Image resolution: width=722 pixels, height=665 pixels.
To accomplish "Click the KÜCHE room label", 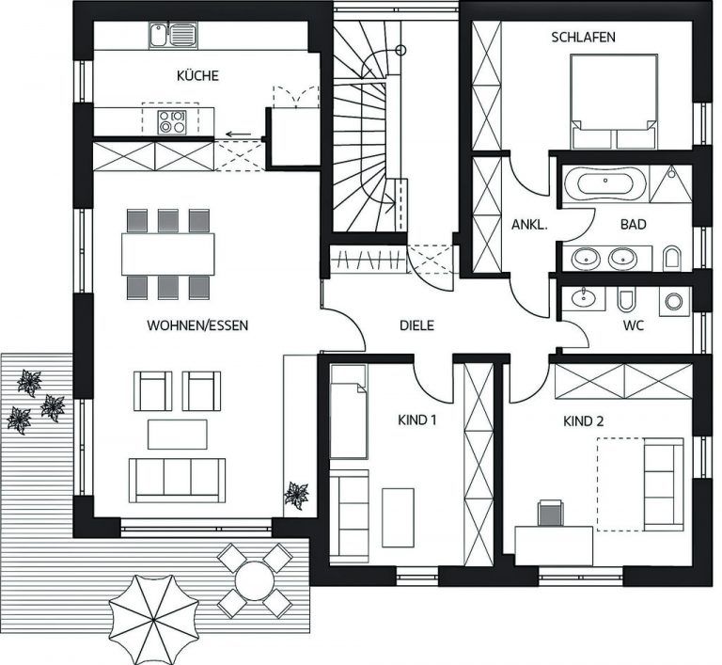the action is click(197, 75).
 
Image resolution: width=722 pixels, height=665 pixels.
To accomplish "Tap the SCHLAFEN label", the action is click(584, 38).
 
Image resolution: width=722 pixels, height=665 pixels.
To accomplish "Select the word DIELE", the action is click(416, 325).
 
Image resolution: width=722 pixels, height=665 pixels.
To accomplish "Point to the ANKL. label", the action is click(529, 225).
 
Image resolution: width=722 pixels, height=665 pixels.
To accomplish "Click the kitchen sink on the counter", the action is click(173, 35).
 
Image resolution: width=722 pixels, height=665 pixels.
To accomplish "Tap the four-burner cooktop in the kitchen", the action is click(172, 122).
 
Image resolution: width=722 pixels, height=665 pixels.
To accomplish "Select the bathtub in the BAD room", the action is click(605, 183).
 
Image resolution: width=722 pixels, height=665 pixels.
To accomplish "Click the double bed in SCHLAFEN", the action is click(614, 102).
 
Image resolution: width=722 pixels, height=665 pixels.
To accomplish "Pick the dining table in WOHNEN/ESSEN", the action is click(168, 254).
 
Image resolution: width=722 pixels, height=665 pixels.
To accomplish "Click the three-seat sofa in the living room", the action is click(178, 481).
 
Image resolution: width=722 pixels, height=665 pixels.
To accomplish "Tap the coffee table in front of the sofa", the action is click(178, 435).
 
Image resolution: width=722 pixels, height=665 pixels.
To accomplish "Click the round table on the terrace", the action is click(254, 580).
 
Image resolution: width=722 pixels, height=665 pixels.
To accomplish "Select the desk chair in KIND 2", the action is click(550, 514).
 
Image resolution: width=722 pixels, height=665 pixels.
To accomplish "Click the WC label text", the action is click(633, 325).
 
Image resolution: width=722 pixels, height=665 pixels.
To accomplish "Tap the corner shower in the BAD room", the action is click(671, 183).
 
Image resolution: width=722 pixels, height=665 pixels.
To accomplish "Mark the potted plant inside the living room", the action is click(296, 496).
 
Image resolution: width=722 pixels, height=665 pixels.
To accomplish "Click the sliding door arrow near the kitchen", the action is click(238, 135).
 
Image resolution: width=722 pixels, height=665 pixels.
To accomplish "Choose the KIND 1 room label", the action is click(416, 420).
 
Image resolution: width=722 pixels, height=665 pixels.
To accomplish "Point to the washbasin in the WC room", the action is click(583, 297).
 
